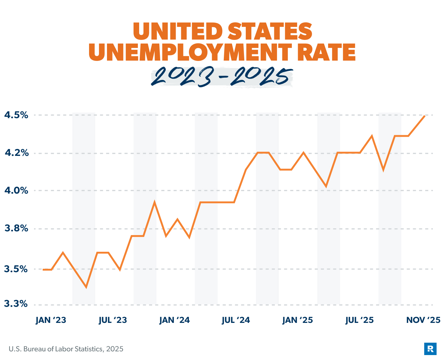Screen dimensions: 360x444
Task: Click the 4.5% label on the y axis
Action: point(16,115)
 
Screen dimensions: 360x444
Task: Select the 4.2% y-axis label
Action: point(16,153)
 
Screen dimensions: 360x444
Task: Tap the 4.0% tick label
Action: point(16,191)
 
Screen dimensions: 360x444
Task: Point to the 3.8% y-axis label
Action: point(16,229)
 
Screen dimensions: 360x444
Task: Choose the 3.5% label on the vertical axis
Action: point(16,269)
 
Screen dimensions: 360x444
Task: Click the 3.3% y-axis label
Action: point(16,304)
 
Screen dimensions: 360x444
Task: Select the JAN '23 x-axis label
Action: point(51,320)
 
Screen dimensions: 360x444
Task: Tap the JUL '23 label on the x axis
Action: point(113,320)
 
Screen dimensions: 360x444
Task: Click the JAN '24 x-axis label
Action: point(175,320)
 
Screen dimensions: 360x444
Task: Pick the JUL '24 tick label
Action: point(236,320)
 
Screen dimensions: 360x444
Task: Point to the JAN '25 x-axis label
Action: point(297,320)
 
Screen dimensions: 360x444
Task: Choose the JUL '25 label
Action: point(359,320)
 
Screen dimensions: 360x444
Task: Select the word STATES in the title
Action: point(270,31)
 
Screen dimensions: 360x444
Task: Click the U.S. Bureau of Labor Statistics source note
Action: point(66,349)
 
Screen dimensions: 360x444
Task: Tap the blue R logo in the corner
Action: point(430,349)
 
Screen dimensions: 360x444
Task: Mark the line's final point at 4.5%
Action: point(425,116)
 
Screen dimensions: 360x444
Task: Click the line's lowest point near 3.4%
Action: point(86,287)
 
